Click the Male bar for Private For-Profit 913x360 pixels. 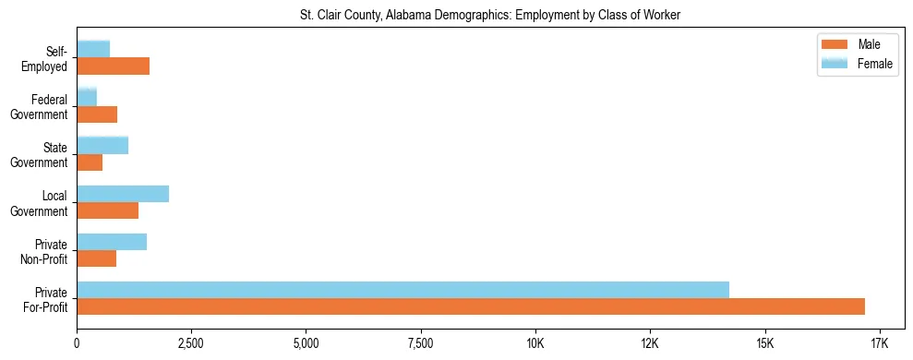[x=471, y=306]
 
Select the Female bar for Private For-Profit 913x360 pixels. [x=402, y=290]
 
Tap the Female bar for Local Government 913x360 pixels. [x=123, y=194]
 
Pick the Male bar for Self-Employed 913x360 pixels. [x=113, y=66]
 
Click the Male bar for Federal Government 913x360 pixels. [x=97, y=114]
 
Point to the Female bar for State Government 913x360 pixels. [x=102, y=146]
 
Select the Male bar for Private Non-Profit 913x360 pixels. [x=96, y=258]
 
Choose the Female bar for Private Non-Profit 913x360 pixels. [x=112, y=242]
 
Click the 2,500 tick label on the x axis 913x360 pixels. [x=191, y=344]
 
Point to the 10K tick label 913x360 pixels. [x=535, y=344]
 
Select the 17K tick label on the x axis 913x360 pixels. [x=879, y=344]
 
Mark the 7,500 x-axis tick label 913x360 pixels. [x=420, y=344]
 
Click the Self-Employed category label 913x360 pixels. [x=49, y=58]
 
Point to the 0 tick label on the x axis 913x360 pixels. [x=77, y=344]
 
